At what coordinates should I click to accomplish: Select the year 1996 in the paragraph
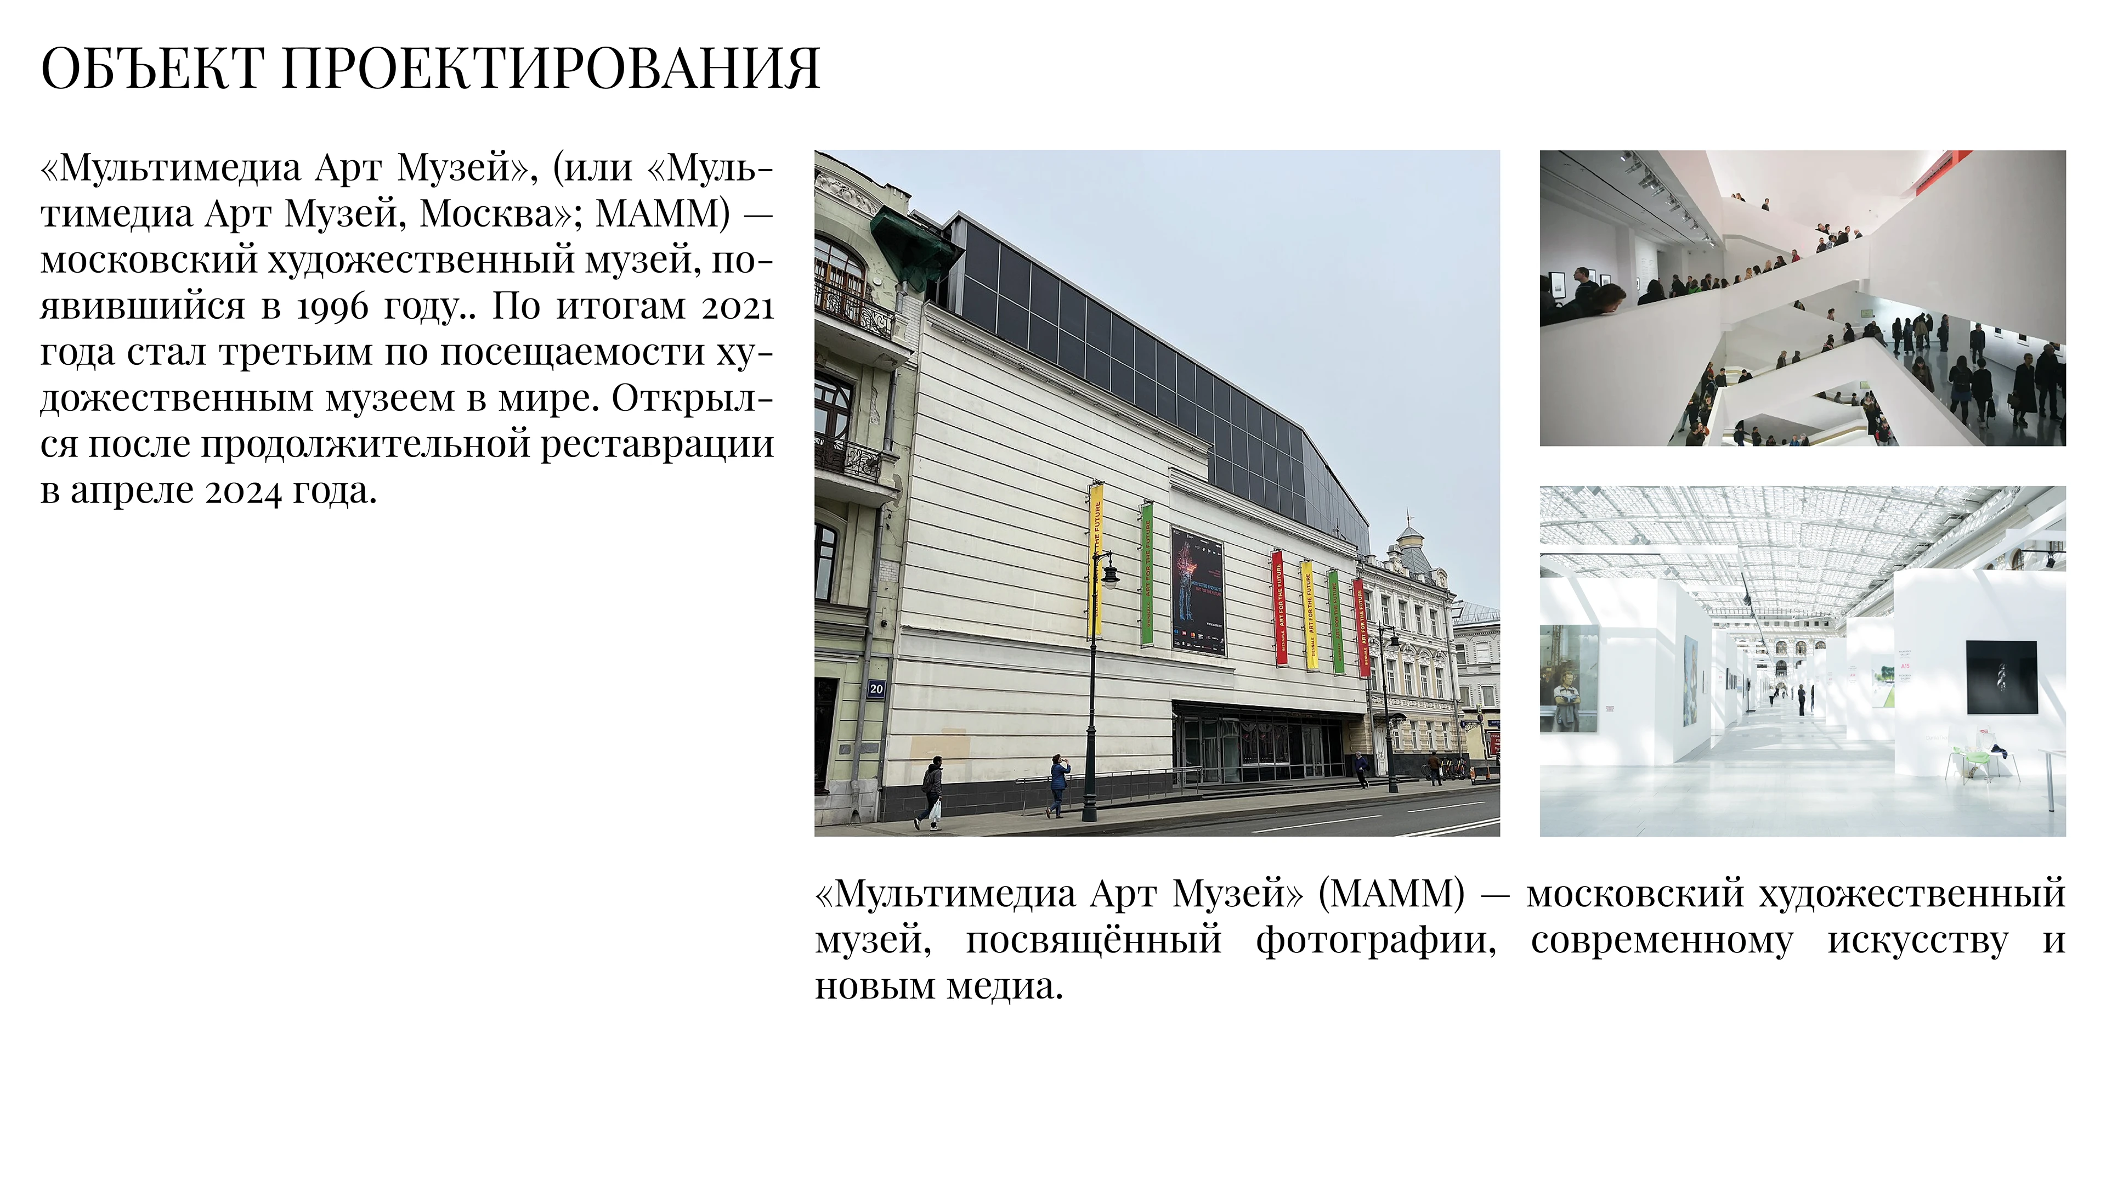tap(332, 307)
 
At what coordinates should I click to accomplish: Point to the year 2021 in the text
tap(738, 307)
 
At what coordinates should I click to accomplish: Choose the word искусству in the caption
tap(1917, 940)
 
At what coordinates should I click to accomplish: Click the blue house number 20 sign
tap(876, 689)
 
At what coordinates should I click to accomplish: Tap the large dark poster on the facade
tap(1198, 590)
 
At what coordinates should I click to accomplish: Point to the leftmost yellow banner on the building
tap(1096, 560)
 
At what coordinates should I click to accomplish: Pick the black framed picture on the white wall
tap(2001, 677)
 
